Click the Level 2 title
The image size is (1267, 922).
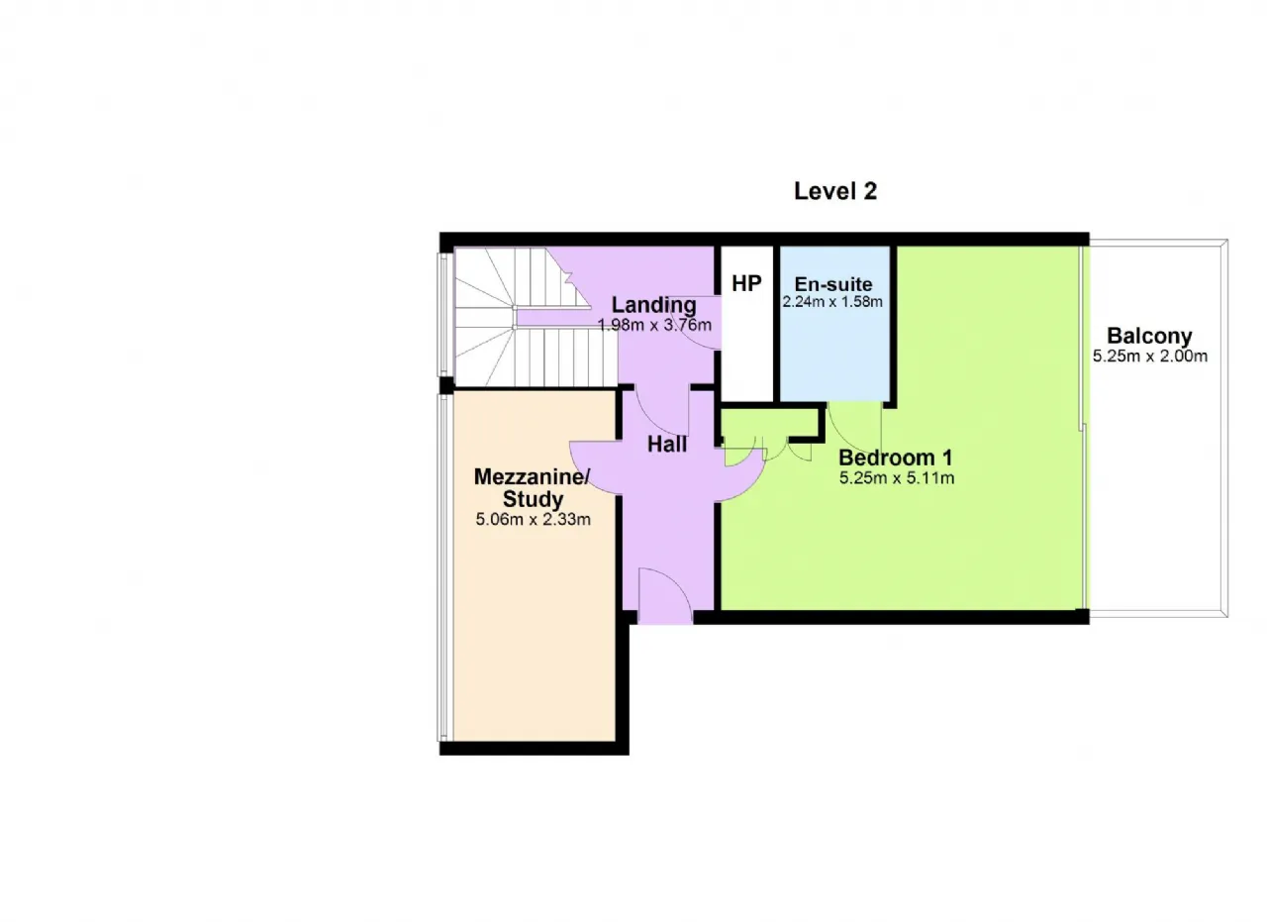click(834, 191)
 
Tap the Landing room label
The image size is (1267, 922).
click(654, 305)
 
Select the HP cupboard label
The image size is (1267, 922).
click(746, 283)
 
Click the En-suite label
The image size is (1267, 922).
click(833, 283)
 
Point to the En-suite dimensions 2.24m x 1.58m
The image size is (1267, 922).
click(832, 302)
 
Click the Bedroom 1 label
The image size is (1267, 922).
click(896, 458)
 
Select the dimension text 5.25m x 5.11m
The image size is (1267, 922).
click(897, 478)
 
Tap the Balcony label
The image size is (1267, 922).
click(1149, 336)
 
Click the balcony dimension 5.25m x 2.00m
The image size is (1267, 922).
click(1150, 357)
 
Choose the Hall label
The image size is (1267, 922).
click(667, 445)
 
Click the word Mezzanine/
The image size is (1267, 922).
click(532, 476)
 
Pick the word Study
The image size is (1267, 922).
click(533, 499)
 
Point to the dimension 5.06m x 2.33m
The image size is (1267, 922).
click(533, 520)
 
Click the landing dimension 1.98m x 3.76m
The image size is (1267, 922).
click(654, 326)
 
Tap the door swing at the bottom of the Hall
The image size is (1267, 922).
click(665, 596)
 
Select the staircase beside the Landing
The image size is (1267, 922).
click(535, 318)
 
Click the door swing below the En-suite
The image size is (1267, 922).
click(854, 430)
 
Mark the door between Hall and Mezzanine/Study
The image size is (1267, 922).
click(595, 468)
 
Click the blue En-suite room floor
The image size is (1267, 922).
click(833, 351)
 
